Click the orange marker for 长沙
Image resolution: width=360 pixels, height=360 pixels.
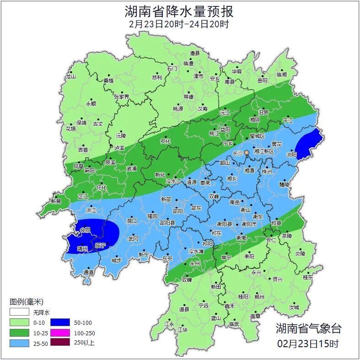pyautogui.click(x=247, y=152)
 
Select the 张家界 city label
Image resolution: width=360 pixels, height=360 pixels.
pyautogui.click(x=122, y=97)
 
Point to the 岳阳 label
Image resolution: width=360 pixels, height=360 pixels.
pyautogui.click(x=262, y=81)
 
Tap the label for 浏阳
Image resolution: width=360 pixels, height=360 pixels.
pyautogui.click(x=291, y=155)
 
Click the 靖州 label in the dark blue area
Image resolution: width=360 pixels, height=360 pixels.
pyautogui.click(x=82, y=249)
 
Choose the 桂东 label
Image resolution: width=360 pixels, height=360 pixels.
pyautogui.click(x=308, y=277)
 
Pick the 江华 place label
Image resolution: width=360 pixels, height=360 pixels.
pyautogui.click(x=183, y=329)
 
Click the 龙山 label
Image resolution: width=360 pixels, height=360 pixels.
pyautogui.click(x=70, y=76)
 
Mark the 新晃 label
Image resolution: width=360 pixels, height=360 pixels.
pyautogui.click(x=56, y=201)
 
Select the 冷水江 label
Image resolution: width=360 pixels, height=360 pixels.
pyautogui.click(x=173, y=182)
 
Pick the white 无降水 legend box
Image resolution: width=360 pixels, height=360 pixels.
pyautogui.click(x=19, y=312)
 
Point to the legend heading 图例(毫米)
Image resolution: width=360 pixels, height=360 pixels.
pyautogui.click(x=26, y=302)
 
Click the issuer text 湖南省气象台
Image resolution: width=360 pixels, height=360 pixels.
pyautogui.click(x=308, y=328)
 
